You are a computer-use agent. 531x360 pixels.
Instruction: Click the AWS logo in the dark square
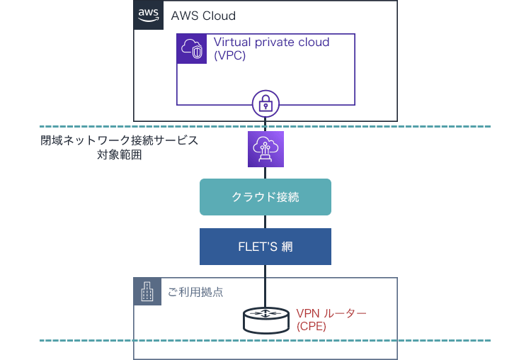148,15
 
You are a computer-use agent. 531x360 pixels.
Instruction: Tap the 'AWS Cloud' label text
203,16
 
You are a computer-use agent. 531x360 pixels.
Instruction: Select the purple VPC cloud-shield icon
191,48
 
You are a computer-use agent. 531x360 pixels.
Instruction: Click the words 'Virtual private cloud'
271,43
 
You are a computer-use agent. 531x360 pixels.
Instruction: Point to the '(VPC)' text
230,56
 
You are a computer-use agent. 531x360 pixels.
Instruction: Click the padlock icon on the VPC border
265,104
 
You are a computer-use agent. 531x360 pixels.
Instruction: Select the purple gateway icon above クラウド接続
265,149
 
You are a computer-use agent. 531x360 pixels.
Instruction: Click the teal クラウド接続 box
265,197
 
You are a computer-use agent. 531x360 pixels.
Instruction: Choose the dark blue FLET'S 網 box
265,247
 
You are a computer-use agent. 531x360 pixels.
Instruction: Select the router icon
265,320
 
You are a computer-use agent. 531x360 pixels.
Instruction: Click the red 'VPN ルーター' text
331,313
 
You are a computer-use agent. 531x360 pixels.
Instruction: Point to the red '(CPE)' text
312,326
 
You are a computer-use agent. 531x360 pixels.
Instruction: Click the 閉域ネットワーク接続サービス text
120,141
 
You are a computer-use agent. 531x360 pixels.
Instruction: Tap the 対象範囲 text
120,154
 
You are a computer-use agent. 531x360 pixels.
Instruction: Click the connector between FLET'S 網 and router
265,283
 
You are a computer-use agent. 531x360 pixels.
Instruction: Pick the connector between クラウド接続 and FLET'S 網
265,222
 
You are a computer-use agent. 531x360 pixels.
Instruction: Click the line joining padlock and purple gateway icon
265,123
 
